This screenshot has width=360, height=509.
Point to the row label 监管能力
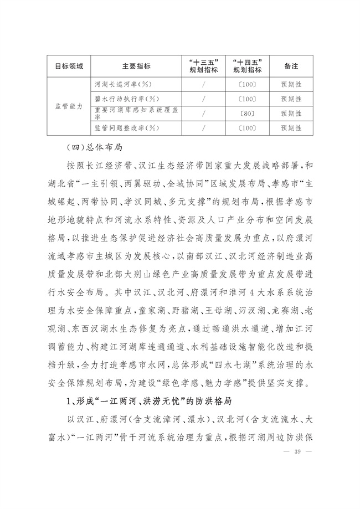69,106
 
